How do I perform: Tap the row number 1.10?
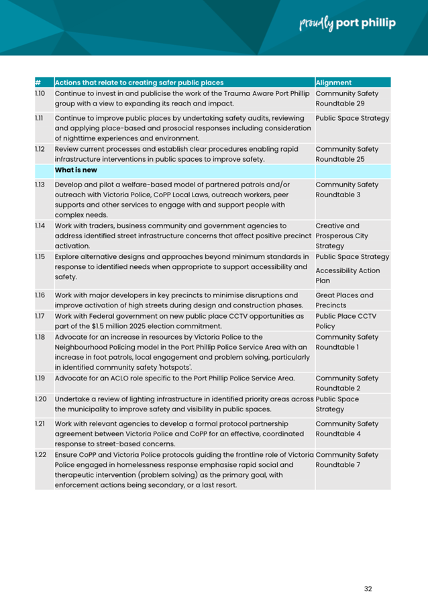[40, 93]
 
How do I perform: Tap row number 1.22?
[40, 455]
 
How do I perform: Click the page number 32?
[368, 589]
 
